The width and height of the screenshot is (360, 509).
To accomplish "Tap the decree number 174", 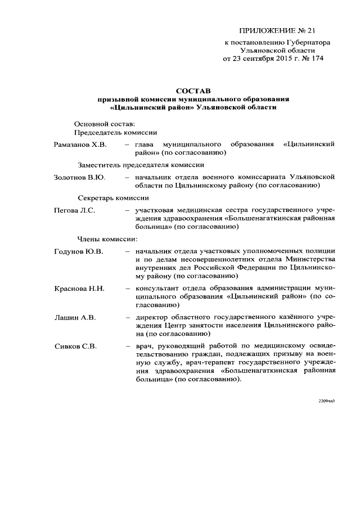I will (x=317, y=58).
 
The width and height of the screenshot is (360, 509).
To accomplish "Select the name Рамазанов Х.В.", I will (x=80, y=145).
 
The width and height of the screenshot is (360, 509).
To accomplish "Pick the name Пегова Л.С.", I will (x=74, y=210).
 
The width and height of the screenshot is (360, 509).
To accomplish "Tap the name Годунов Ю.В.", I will (x=79, y=251).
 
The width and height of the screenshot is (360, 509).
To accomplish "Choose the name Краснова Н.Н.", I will (x=79, y=289).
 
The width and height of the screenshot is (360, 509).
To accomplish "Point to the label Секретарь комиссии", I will (x=113, y=198).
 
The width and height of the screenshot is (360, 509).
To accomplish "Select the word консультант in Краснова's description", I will (x=156, y=289).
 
